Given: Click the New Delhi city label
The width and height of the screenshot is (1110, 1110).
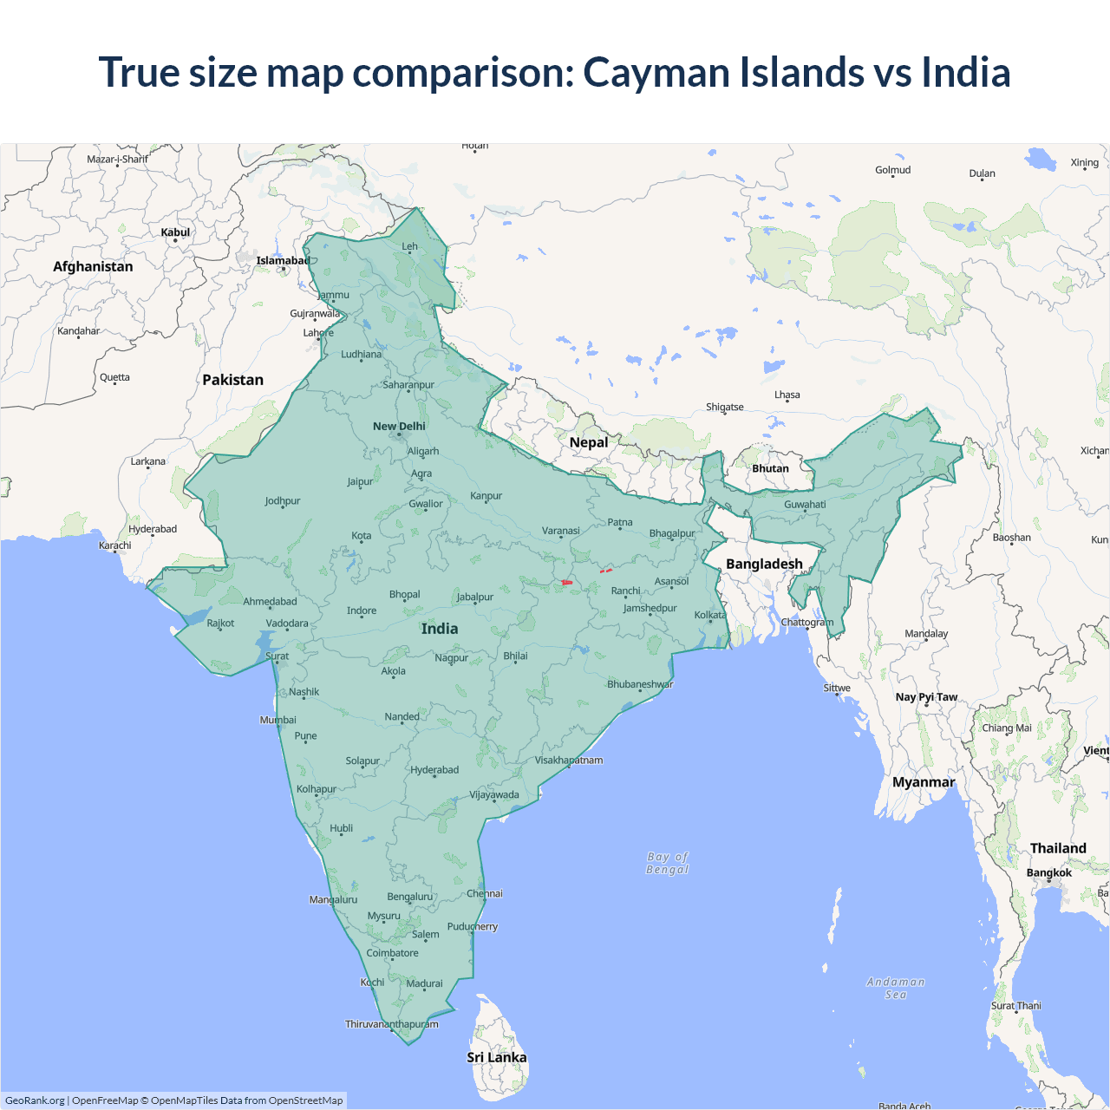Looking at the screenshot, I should click(x=399, y=426).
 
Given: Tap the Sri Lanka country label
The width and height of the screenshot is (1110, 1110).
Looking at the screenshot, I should click(x=496, y=1057).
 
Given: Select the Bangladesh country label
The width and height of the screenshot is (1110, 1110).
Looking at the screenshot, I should click(x=764, y=564).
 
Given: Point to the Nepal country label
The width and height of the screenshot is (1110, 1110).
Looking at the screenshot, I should click(x=589, y=442).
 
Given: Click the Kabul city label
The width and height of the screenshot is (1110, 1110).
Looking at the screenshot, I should click(x=175, y=232).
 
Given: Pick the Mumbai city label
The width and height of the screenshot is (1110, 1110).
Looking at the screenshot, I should click(x=277, y=720).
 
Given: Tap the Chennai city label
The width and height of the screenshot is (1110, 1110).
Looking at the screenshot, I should click(x=484, y=893).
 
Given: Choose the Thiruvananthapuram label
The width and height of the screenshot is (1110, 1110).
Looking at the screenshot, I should click(x=392, y=1024).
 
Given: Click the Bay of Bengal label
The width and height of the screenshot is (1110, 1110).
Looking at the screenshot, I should click(x=667, y=863).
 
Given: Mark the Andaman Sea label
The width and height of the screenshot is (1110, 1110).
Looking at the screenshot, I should click(x=896, y=988).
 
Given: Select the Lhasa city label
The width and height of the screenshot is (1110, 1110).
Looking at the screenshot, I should click(x=787, y=395).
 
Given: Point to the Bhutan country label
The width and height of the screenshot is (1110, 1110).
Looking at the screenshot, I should click(x=770, y=468).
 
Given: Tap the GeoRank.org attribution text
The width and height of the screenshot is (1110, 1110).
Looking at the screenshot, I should click(x=35, y=1100).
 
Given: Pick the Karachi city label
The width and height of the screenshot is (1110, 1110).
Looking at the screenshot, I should click(x=115, y=545).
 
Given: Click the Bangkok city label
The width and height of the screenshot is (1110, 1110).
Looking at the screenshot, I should click(x=1048, y=872).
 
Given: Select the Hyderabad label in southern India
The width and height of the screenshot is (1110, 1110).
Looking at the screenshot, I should click(x=434, y=770).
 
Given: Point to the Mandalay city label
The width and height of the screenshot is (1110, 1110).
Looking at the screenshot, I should click(x=926, y=633).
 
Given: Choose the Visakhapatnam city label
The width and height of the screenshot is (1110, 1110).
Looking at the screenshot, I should click(x=568, y=761).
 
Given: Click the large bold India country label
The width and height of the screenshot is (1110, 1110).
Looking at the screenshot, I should click(x=440, y=629).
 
